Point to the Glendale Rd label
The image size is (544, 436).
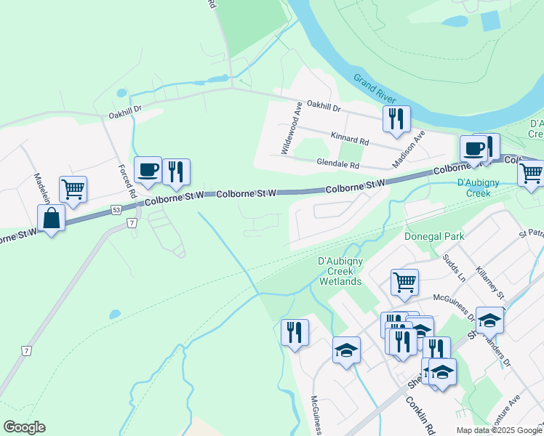point(338,165)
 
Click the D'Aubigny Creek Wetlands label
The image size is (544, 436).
point(340,271)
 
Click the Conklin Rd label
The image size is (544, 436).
point(420,416)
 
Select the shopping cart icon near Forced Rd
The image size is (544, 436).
point(73,189)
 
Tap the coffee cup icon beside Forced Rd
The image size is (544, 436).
point(148,170)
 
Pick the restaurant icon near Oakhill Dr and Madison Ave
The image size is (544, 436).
point(396,118)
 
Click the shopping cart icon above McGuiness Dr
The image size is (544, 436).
point(404,281)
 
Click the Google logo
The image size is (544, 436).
point(24,427)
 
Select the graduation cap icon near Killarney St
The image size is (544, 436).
point(490,320)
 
